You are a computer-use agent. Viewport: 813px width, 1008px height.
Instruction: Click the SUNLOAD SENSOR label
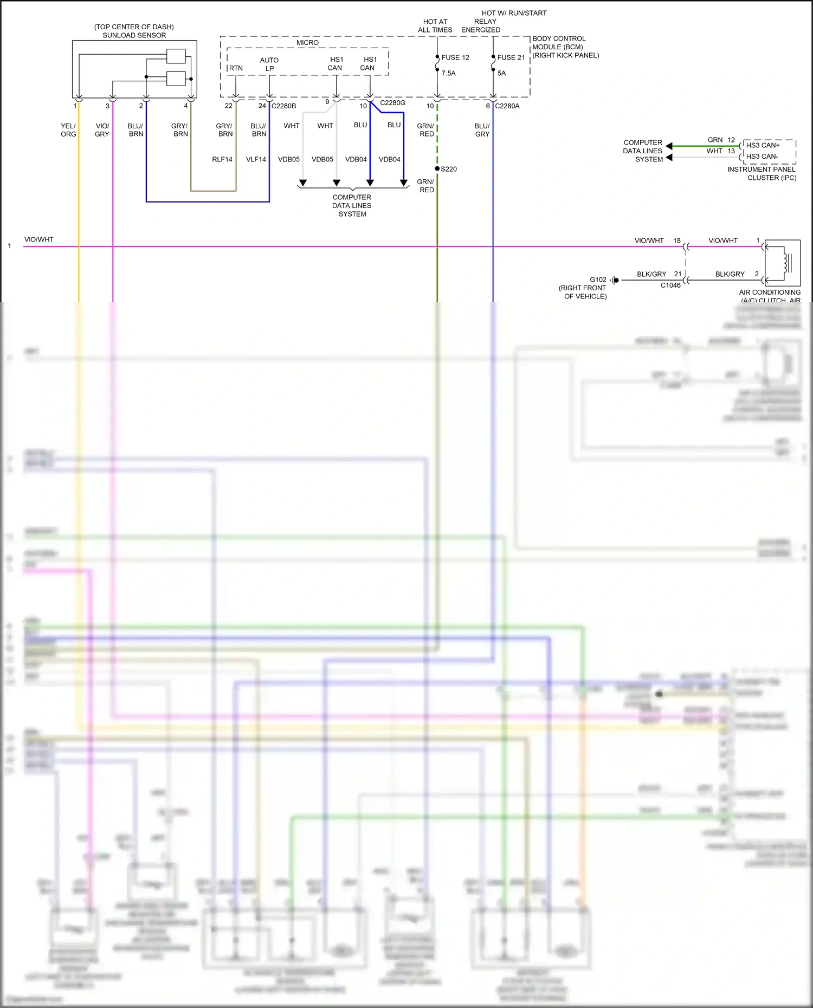click(x=134, y=35)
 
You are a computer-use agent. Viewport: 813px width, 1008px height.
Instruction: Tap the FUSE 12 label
click(x=455, y=57)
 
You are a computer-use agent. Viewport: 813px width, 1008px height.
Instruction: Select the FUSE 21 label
click(x=511, y=57)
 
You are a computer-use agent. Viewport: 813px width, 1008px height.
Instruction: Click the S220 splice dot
click(x=437, y=168)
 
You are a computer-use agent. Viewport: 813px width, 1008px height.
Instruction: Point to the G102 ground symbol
click(x=615, y=280)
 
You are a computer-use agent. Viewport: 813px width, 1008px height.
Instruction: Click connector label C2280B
click(x=283, y=106)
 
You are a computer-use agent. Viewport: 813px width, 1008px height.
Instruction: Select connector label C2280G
click(x=392, y=102)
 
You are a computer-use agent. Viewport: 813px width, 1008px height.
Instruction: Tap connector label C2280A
click(x=507, y=106)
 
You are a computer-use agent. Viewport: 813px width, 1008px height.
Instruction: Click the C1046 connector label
click(x=670, y=285)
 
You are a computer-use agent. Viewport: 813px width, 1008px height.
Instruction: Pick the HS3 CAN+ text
click(x=763, y=145)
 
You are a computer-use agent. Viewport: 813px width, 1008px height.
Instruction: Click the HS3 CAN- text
click(x=762, y=157)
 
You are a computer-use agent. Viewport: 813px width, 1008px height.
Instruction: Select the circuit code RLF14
click(x=222, y=159)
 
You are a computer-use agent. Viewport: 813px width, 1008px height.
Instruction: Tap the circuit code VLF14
click(x=256, y=159)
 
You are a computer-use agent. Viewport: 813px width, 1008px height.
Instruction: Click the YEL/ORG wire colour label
click(x=68, y=130)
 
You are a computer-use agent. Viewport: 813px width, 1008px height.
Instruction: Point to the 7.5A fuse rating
click(x=448, y=73)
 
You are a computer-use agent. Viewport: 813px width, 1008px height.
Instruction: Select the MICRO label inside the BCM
click(x=307, y=43)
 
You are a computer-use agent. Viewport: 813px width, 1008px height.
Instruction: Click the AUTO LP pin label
click(x=269, y=64)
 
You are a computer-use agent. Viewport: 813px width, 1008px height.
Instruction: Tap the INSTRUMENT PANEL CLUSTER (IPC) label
click(x=762, y=173)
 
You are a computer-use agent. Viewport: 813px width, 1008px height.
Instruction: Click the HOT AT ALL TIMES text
click(x=435, y=26)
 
